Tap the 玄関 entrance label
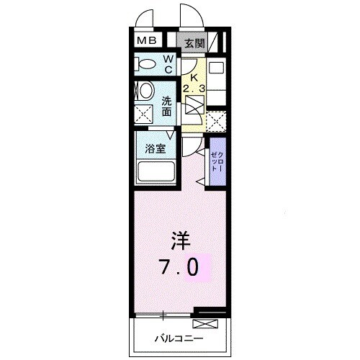coord(194,43)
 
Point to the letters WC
coord(167,65)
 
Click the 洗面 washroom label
coord(167,107)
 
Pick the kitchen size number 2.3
coord(193,88)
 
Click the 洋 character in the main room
coord(180,238)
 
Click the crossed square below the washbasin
coord(143,113)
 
